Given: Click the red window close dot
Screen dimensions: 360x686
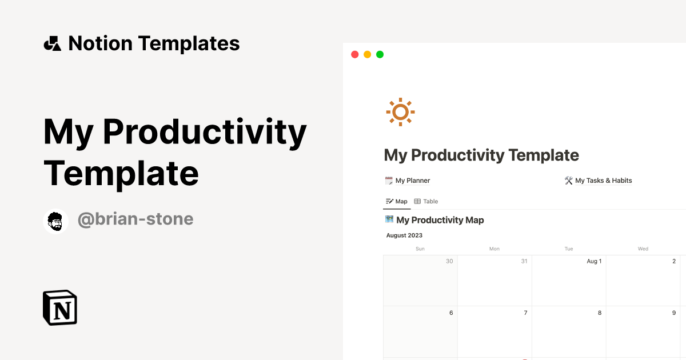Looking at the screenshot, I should (x=354, y=55).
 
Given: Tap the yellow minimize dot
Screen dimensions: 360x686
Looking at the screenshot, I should (x=367, y=55).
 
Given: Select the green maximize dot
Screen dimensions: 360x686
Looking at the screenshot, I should (x=380, y=55).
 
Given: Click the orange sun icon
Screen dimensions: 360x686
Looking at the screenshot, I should (x=400, y=112).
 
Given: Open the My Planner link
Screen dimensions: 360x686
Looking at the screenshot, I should (x=412, y=181).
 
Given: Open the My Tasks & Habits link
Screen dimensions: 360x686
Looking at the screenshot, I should (x=603, y=181).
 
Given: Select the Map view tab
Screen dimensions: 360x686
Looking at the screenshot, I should (x=397, y=201).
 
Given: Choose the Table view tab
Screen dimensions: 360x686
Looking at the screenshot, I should (x=426, y=201).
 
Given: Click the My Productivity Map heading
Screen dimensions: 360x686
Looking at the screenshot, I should (x=440, y=220).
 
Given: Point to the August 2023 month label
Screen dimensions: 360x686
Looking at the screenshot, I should (x=404, y=235).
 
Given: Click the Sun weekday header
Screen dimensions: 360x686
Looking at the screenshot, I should (x=420, y=249).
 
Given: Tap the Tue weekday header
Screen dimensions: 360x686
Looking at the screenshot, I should (x=569, y=249).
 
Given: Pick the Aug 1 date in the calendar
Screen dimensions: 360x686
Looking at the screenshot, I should (x=594, y=261).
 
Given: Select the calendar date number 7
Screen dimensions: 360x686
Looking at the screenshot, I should (x=525, y=313).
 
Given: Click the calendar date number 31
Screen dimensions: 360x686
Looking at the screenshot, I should (x=524, y=261).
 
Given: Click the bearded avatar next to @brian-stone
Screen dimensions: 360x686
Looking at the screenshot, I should (x=56, y=221).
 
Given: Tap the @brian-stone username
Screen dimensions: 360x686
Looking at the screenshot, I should (x=135, y=219).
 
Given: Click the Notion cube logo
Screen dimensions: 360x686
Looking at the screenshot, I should (x=60, y=307).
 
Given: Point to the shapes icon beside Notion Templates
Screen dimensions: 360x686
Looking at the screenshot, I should (x=53, y=43).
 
